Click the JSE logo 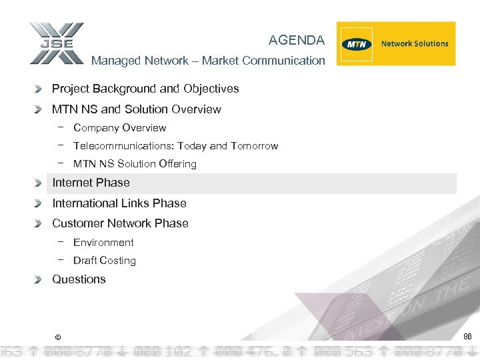[x=57, y=44]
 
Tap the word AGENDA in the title [x=297, y=41]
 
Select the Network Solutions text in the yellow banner [x=415, y=44]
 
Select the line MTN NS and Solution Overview [x=137, y=109]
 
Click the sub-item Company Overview [x=119, y=128]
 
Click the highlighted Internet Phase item [x=91, y=183]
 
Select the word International [x=85, y=203]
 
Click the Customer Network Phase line [x=120, y=223]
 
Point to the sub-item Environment [x=103, y=243]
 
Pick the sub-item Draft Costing [x=104, y=261]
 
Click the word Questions [x=79, y=279]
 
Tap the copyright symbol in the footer [x=58, y=337]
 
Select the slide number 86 [x=467, y=337]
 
